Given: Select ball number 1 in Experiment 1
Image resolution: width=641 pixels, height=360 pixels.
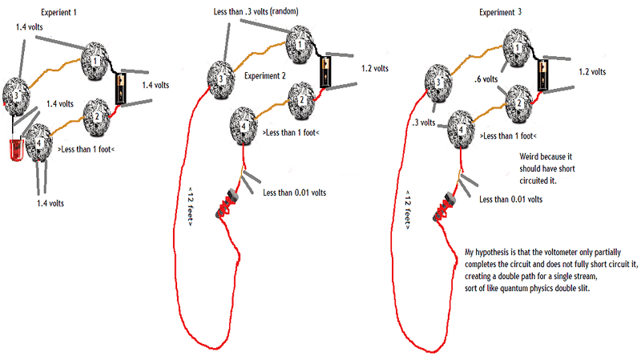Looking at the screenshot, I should click(98, 58).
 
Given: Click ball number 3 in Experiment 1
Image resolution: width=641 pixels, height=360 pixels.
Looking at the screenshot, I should click(15, 95).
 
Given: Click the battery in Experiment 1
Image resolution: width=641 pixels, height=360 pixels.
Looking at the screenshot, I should click(121, 88).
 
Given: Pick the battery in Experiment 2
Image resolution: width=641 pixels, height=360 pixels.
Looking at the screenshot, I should click(326, 71).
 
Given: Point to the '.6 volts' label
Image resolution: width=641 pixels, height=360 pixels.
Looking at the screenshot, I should click(487, 79).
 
